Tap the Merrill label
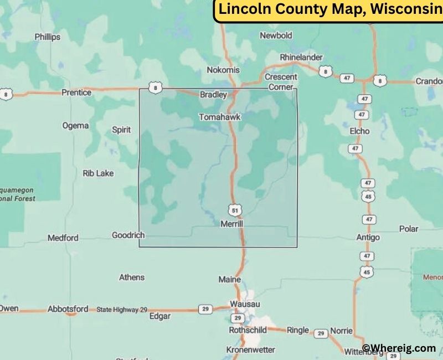(x=232, y=224)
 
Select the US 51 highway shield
(x=235, y=210)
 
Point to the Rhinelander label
(x=301, y=57)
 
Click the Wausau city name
(x=245, y=305)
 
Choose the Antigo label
(x=368, y=238)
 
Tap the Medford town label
(x=63, y=238)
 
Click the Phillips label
(x=48, y=37)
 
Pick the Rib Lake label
(x=98, y=173)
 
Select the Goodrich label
(x=128, y=235)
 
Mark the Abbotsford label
(x=68, y=309)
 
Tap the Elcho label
(x=360, y=131)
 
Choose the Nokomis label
(x=223, y=70)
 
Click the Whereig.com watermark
(x=399, y=348)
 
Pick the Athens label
(x=132, y=277)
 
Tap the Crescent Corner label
(x=281, y=82)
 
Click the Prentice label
(x=76, y=92)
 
